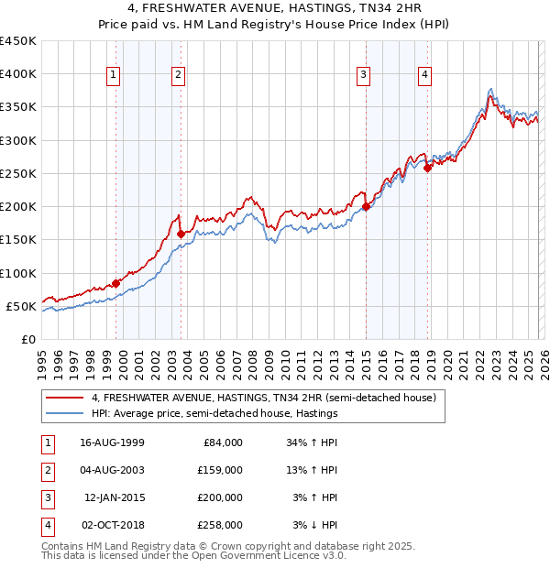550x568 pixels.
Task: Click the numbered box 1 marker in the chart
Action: coord(113,75)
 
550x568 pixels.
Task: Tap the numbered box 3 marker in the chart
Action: coord(363,75)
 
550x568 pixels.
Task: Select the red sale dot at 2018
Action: coord(428,168)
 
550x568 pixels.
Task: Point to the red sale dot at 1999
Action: coord(115,283)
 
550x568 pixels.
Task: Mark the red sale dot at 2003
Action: coord(181,234)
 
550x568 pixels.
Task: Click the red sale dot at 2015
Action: coord(366,206)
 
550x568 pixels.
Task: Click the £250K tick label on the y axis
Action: coord(17,173)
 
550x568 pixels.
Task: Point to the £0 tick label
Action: coord(28,339)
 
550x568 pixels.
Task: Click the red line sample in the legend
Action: coord(65,398)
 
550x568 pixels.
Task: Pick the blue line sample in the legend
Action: coord(65,413)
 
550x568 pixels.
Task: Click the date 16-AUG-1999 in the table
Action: coord(112,442)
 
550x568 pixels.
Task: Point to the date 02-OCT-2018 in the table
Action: coord(112,526)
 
